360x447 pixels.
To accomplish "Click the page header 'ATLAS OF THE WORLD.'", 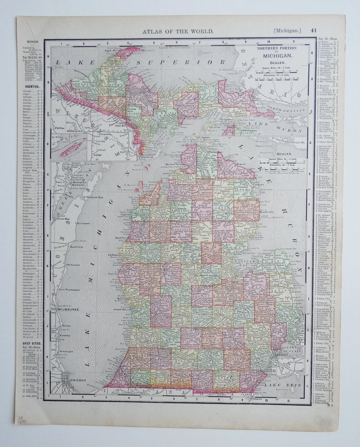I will [178, 31].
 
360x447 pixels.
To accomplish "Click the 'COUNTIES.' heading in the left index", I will [32, 86].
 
